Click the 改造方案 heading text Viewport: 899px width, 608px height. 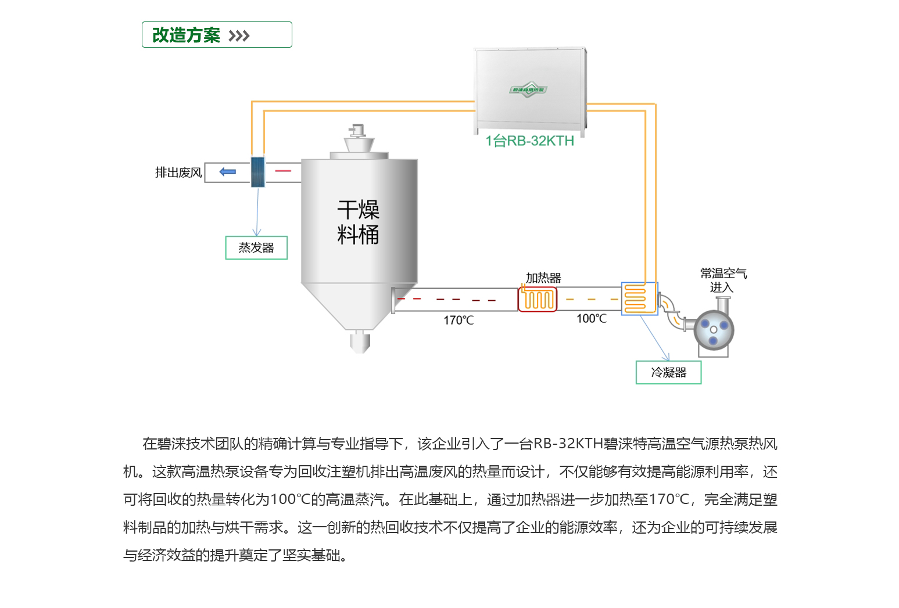point(186,35)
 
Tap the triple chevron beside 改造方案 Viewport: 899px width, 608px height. point(239,36)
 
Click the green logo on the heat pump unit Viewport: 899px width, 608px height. point(528,89)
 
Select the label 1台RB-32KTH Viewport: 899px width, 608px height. point(529,141)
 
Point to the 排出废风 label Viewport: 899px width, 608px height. point(178,172)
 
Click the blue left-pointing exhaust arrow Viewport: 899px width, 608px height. point(227,172)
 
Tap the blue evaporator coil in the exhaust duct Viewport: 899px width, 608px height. point(257,172)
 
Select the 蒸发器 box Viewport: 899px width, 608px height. point(256,248)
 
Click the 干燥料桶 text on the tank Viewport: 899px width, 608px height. point(358,222)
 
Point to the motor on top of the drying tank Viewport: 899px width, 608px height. point(356,131)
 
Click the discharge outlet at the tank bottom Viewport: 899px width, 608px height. point(360,342)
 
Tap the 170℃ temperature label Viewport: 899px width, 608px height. point(459,321)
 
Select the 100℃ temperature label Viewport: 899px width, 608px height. point(592,319)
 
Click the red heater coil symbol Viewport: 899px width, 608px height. point(538,300)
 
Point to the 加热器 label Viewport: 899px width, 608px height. point(543,278)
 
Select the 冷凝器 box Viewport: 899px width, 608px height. point(668,373)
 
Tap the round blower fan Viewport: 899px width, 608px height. point(714,329)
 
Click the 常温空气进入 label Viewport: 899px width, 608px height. point(723,280)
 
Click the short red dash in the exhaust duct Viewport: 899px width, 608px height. point(283,171)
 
